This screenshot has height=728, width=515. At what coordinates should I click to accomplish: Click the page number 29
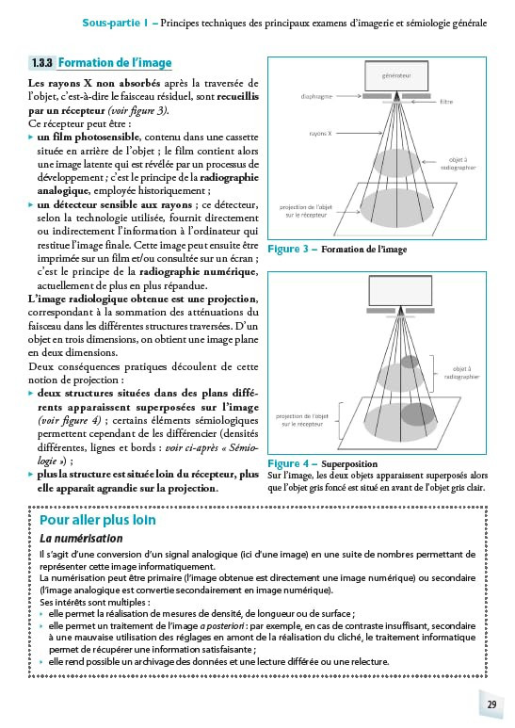point(491,704)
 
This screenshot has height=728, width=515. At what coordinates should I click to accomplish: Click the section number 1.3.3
point(41,63)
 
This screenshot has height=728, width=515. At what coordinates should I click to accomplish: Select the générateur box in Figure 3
point(396,75)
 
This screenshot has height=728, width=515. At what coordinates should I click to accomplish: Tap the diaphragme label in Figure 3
point(316,97)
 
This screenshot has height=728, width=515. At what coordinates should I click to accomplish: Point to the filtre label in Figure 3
point(446,102)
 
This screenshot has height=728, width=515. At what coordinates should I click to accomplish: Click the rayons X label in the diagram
point(321,133)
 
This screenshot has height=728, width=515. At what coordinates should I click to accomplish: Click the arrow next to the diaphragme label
point(348,96)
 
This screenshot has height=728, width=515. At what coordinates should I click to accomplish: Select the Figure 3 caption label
point(288,249)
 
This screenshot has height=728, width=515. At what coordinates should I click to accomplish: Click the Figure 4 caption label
point(288,463)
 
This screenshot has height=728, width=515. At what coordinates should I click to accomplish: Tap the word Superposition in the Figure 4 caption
point(349,463)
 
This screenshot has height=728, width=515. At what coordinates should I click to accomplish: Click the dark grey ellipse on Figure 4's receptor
point(418,414)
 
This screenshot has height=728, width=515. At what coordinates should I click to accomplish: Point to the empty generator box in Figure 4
point(400,291)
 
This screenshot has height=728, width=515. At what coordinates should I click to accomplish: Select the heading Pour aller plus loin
point(97,520)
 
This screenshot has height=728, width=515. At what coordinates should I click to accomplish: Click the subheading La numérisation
point(81,539)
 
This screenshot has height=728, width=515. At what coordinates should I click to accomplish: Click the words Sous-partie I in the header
point(115,23)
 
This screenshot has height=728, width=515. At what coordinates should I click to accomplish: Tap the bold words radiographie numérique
point(198,271)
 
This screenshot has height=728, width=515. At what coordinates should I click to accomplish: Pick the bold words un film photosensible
point(89,137)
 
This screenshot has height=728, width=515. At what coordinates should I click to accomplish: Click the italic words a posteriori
point(222,626)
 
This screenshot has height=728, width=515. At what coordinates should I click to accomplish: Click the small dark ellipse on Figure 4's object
point(410,362)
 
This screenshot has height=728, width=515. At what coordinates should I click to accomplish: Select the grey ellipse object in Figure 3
point(397,163)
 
